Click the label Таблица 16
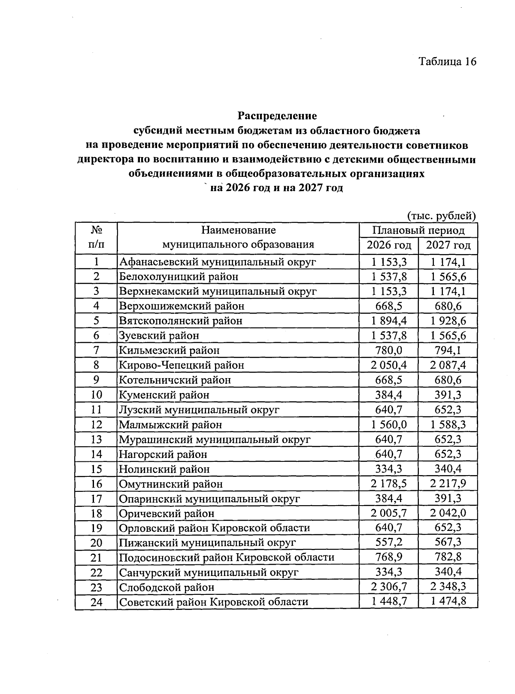[448, 62]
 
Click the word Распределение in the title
[277, 116]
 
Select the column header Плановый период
[418, 230]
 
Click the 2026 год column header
[389, 245]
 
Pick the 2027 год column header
[448, 245]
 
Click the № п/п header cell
[96, 237]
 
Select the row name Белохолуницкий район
[179, 277]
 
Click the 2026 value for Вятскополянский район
[389, 321]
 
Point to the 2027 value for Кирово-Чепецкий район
[448, 365]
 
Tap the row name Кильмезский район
[169, 351]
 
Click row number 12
[96, 424]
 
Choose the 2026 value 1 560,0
[389, 424]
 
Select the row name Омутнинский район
[171, 484]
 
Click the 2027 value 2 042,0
[448, 513]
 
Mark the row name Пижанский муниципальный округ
[207, 543]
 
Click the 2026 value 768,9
[389, 558]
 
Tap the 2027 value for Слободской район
[448, 587]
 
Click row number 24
[96, 602]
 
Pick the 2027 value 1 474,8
[448, 602]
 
